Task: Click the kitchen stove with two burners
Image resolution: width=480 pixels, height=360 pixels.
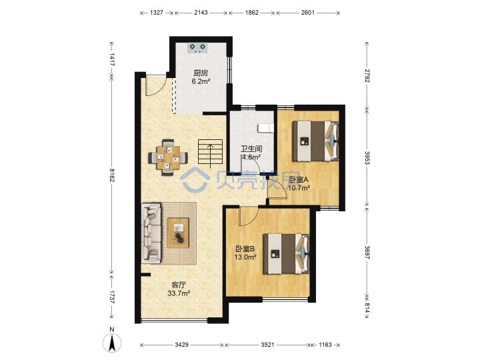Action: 197,48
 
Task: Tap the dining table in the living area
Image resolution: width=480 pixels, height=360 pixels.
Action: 168,157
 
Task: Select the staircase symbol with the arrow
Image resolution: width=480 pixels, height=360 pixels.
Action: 210,153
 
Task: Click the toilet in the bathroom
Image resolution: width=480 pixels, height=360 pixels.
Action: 266,128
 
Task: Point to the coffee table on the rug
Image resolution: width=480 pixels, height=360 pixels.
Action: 178,233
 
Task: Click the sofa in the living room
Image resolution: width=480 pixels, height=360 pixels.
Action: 151,233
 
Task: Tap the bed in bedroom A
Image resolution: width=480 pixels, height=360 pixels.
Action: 315,141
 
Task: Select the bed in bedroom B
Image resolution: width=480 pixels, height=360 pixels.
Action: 286,254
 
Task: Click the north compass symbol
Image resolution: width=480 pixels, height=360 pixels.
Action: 112,341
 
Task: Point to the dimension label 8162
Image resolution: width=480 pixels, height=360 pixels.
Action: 112,175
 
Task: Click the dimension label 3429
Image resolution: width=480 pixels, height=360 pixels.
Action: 181,345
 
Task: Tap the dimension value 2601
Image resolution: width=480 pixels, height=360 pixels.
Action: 307,13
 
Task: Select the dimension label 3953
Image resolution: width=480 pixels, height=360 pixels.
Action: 367,157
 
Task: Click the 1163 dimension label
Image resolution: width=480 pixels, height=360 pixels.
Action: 325,345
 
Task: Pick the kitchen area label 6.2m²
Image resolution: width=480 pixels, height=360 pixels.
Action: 201,81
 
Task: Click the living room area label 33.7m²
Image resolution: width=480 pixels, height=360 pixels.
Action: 179,293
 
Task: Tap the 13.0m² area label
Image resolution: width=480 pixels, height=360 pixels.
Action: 245,257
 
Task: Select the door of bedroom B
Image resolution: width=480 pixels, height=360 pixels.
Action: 249,216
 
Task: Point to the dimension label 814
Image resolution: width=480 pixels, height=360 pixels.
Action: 367,307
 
